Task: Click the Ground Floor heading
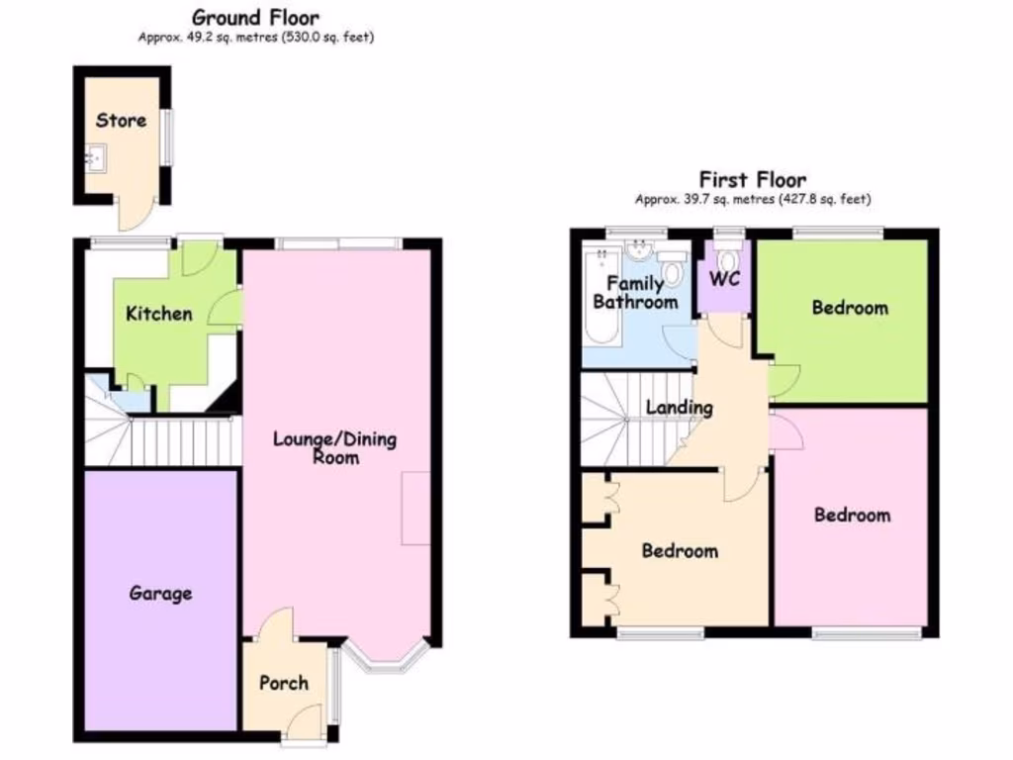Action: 255,17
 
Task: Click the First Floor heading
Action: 752,179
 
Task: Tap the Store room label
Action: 121,120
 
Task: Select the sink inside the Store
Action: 96,156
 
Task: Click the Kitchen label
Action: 158,314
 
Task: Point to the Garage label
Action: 160,594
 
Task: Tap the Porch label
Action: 283,683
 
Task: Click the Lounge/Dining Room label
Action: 335,447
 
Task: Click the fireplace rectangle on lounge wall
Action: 415,508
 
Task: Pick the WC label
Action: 726,279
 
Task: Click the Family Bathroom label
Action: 635,293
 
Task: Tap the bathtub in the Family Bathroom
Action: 597,297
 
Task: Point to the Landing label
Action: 679,407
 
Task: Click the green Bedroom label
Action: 850,308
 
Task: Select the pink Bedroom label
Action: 851,515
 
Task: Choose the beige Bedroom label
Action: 680,551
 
